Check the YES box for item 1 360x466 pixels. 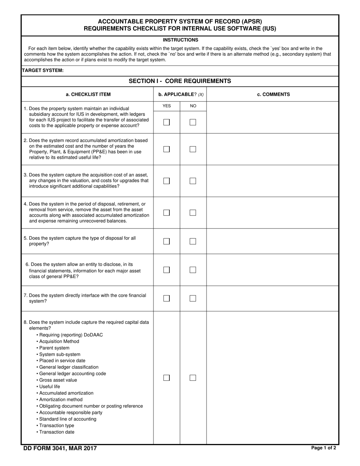click(x=166, y=122)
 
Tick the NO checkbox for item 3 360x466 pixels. click(x=193, y=181)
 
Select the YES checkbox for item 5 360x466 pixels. click(x=166, y=241)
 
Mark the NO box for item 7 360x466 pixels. click(x=193, y=299)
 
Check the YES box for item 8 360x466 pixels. click(x=166, y=378)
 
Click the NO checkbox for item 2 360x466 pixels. click(x=193, y=149)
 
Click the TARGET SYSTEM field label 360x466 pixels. click(x=42, y=70)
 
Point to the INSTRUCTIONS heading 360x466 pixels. click(x=180, y=40)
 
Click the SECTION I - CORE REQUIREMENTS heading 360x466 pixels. click(x=180, y=81)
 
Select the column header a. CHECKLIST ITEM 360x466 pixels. click(x=88, y=94)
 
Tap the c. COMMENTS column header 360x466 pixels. click(x=273, y=94)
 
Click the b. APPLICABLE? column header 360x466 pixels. click(x=181, y=94)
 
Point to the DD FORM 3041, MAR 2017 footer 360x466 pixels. click(x=60, y=448)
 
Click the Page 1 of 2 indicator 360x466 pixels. click(x=323, y=448)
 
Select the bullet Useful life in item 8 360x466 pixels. click(x=49, y=387)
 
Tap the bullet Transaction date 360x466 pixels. click(x=56, y=432)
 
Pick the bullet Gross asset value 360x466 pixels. click(x=58, y=380)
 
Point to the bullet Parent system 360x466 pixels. click(x=54, y=348)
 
